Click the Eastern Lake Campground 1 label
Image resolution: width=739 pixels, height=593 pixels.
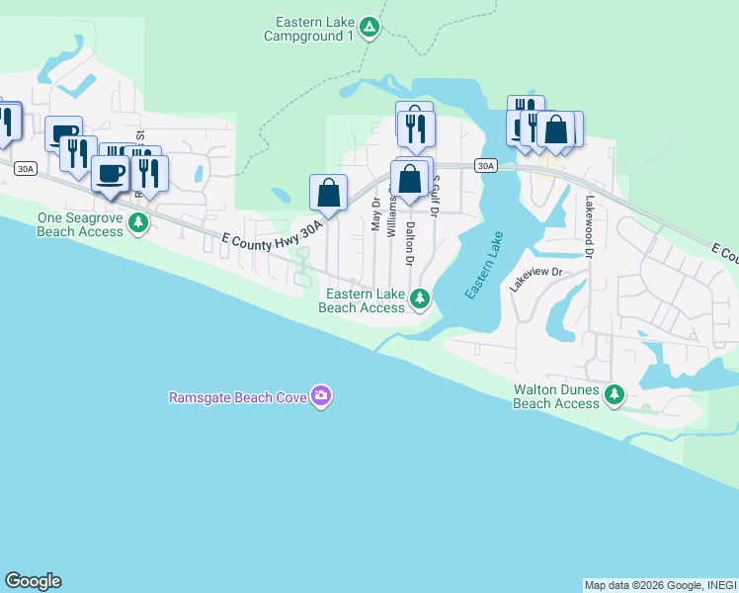[x=308, y=29]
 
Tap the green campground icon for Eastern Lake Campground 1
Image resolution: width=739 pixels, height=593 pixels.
[x=369, y=28]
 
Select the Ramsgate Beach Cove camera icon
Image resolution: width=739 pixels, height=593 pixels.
[x=320, y=397]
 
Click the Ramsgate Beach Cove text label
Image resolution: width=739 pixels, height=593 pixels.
[x=238, y=398]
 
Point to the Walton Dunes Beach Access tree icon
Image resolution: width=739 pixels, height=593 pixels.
[x=615, y=395]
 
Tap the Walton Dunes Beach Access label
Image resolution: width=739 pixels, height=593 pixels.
[x=556, y=396]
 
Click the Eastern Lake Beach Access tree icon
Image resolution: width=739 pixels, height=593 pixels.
[x=420, y=297]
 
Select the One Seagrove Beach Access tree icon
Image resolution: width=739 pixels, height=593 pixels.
[x=138, y=223]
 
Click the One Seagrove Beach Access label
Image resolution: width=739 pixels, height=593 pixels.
[x=80, y=224]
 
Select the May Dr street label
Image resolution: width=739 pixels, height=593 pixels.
[x=375, y=212]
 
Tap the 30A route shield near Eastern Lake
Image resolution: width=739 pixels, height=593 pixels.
[x=484, y=166]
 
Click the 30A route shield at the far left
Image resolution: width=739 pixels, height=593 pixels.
[x=25, y=170]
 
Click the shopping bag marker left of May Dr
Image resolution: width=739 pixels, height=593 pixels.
[x=328, y=192]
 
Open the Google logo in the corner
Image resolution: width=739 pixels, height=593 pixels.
[x=33, y=581]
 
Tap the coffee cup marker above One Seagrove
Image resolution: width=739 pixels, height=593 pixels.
[x=109, y=173]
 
